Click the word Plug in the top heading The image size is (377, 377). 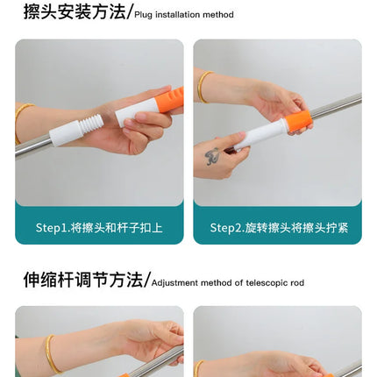click(143, 15)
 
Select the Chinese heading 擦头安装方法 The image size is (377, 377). click(75, 11)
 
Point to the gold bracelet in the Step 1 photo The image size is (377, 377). click(21, 123)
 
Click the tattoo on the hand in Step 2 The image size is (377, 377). click(212, 156)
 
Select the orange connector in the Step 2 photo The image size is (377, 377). click(298, 123)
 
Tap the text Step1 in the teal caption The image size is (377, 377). click(52, 228)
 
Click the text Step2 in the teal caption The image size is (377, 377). click(226, 228)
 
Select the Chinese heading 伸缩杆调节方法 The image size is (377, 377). click(83, 280)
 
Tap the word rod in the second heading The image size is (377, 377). click(297, 282)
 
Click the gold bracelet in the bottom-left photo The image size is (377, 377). click(53, 354)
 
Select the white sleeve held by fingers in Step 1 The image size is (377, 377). click(137, 112)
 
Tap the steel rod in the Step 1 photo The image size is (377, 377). click(33, 146)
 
